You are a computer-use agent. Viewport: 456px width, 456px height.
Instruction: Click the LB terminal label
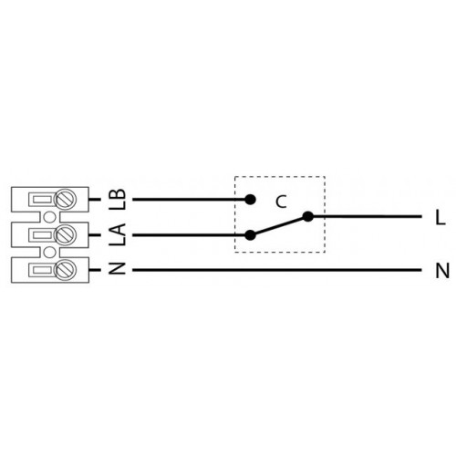tap(118, 200)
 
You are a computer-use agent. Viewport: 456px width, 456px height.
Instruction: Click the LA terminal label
tap(118, 234)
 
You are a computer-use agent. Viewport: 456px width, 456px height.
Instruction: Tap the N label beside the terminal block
tap(118, 269)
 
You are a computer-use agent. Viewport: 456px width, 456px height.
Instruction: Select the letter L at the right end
tap(440, 218)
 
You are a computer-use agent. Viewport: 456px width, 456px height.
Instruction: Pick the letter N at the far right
tap(442, 271)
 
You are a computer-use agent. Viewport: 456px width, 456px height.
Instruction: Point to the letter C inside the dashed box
tap(281, 202)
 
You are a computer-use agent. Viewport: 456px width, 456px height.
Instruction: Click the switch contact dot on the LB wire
tap(250, 200)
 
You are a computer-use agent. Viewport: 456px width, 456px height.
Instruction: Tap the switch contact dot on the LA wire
tap(250, 235)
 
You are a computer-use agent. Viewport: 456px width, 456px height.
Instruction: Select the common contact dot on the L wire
tap(308, 216)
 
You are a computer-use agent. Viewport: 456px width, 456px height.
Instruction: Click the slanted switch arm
tap(279, 226)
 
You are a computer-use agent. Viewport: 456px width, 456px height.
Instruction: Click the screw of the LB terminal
tap(65, 200)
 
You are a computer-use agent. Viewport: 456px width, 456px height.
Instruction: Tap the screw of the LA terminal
tap(65, 234)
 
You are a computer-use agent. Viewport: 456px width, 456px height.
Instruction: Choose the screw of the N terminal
tap(65, 270)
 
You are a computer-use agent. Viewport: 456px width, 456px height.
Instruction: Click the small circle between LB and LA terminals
tap(49, 217)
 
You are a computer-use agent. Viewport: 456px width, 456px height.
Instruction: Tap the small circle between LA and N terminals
tap(49, 253)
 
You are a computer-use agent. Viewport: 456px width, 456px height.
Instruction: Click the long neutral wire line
tap(277, 270)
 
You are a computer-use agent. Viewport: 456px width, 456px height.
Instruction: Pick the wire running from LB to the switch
tap(192, 200)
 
